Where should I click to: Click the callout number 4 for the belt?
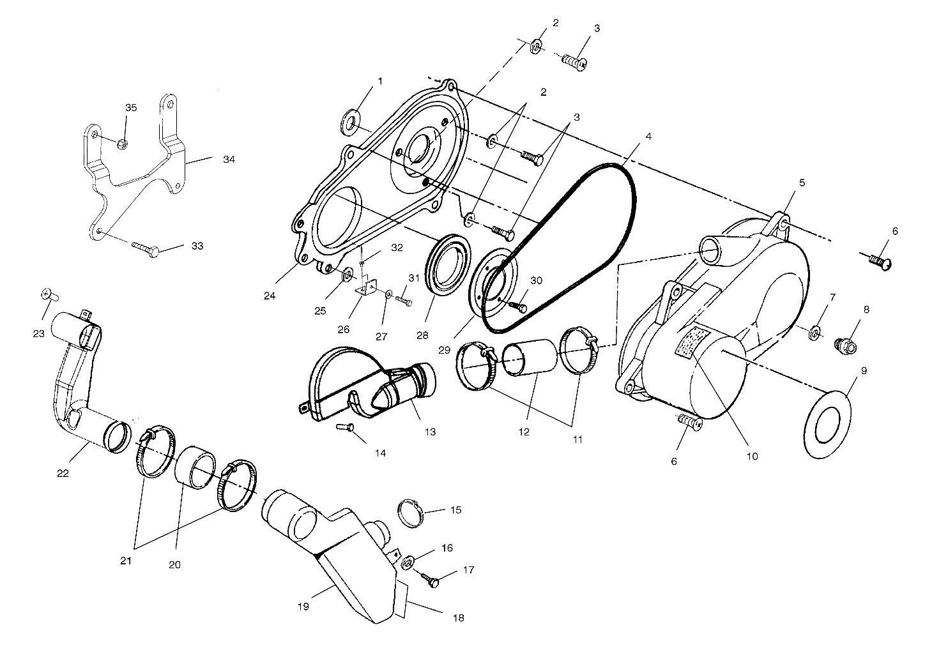click(648, 137)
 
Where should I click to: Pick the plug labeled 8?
click(845, 345)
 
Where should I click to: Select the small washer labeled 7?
click(815, 332)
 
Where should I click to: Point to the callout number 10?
click(752, 456)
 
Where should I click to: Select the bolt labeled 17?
click(432, 580)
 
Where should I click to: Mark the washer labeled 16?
click(407, 564)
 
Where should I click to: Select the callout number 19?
click(303, 606)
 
